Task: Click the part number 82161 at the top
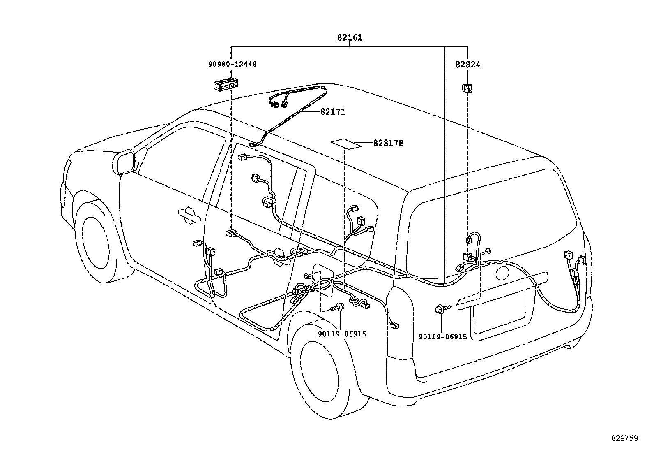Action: (x=350, y=38)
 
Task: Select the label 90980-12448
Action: (x=232, y=64)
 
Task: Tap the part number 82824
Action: (x=467, y=65)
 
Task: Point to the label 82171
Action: (x=333, y=112)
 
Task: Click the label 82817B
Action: (x=388, y=144)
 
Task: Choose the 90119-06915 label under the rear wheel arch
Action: (x=342, y=334)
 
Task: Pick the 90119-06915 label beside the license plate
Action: (x=443, y=337)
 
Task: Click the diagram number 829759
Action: (x=624, y=438)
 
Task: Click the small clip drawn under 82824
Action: (x=467, y=88)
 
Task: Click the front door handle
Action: (x=189, y=216)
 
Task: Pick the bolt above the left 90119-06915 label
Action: (x=339, y=307)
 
